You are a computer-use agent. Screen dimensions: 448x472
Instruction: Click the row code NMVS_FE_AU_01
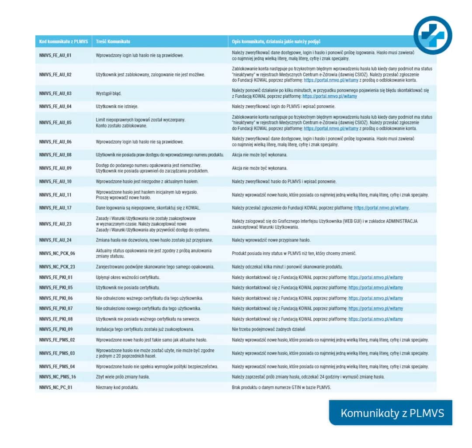tap(55, 55)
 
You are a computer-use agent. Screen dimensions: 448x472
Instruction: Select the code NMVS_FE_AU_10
tap(55, 181)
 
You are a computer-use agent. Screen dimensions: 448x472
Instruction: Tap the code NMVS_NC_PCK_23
tap(57, 267)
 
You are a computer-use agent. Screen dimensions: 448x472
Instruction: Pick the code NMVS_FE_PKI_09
tap(56, 329)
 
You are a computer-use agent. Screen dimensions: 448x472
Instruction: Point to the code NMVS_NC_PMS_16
tap(57, 377)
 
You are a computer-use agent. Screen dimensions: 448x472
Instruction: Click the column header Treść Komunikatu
tap(113, 41)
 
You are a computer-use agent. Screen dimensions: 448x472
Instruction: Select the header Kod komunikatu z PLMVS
tap(63, 41)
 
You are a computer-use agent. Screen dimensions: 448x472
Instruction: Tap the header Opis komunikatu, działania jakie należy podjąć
tap(276, 41)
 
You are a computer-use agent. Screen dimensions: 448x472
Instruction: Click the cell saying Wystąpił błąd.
tap(109, 93)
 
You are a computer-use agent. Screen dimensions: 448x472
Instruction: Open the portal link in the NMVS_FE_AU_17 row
tap(381, 208)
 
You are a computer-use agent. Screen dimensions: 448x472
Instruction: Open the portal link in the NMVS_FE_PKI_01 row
tap(375, 277)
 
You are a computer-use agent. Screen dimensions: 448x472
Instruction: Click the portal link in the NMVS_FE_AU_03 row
tap(330, 96)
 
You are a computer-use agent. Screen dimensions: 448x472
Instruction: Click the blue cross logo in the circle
tap(433, 35)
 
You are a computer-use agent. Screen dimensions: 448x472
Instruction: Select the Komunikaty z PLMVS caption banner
tap(392, 413)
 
